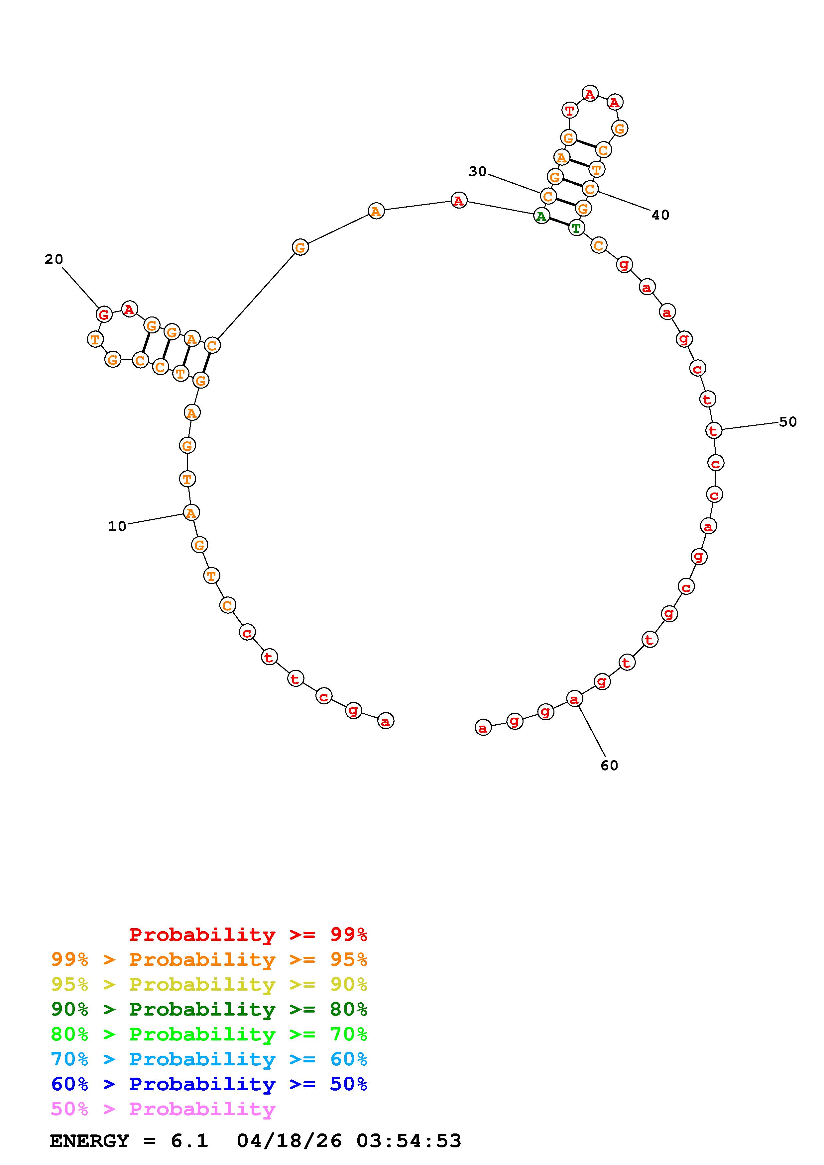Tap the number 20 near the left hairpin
click(x=54, y=259)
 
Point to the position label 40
click(x=660, y=215)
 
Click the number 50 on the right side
click(x=788, y=422)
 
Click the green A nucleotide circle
click(x=542, y=216)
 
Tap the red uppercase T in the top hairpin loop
click(x=570, y=110)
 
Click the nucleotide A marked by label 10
click(x=191, y=513)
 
